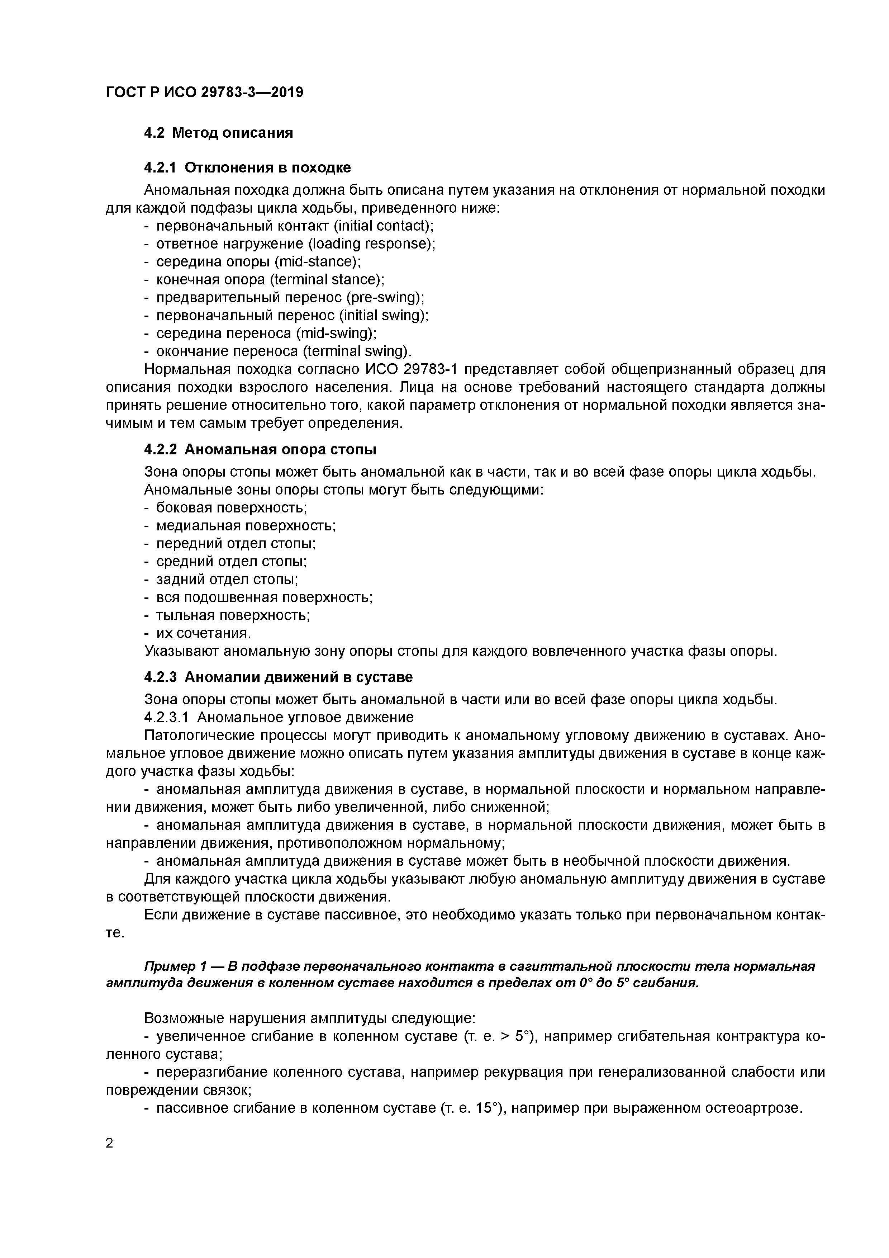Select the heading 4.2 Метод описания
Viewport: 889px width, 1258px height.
pyautogui.click(x=219, y=133)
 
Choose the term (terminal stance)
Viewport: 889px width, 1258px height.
pyautogui.click(x=327, y=279)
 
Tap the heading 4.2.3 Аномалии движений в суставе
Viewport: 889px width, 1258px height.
pyautogui.click(x=278, y=677)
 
